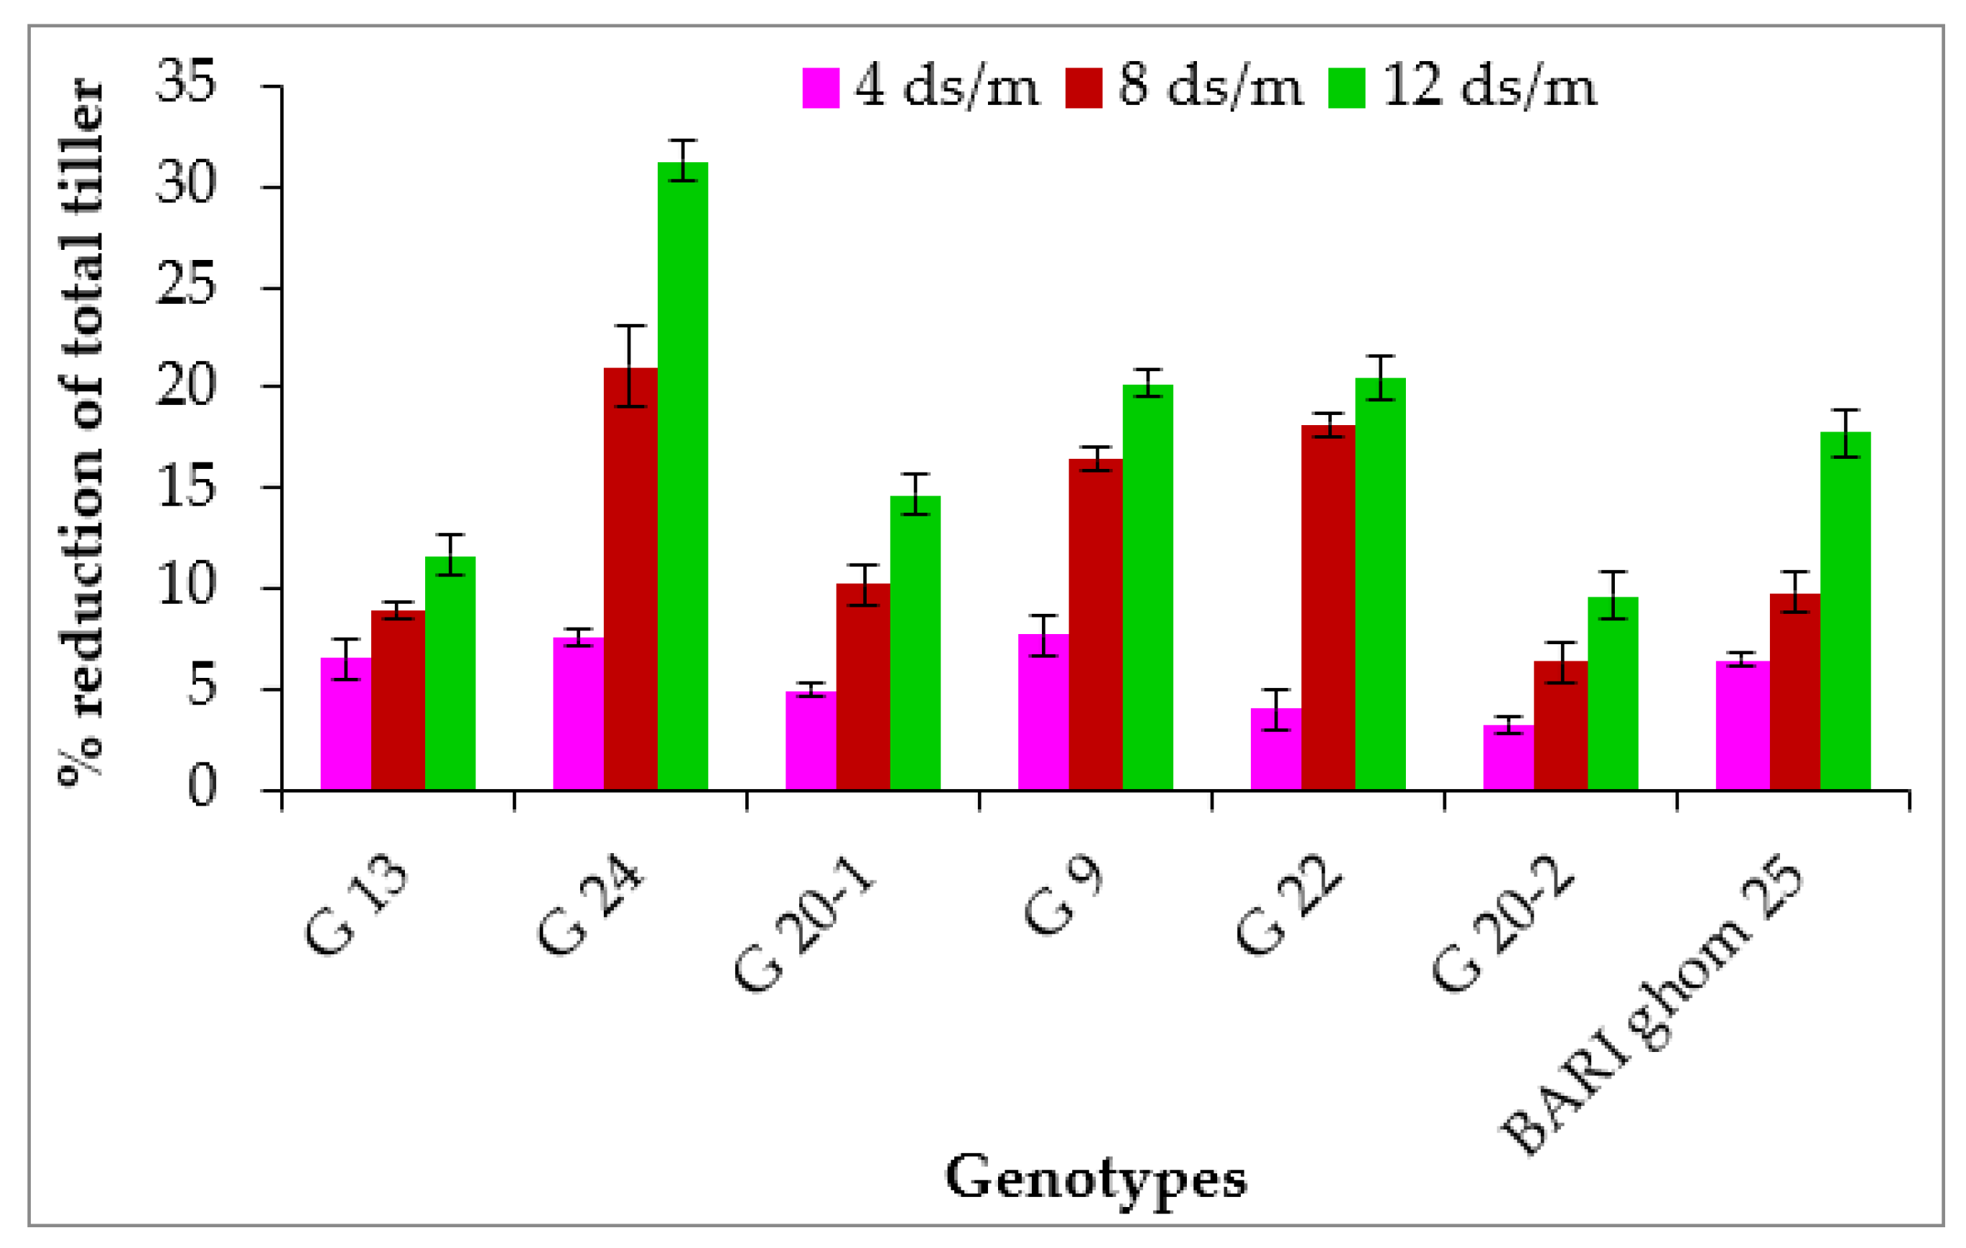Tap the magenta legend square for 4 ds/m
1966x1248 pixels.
click(x=821, y=88)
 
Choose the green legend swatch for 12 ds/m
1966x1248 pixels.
click(x=1346, y=88)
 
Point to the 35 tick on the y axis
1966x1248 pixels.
click(x=186, y=82)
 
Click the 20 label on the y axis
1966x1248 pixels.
click(x=186, y=386)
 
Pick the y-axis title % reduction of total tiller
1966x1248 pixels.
click(x=82, y=432)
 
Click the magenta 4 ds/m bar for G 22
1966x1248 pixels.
click(x=1275, y=748)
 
